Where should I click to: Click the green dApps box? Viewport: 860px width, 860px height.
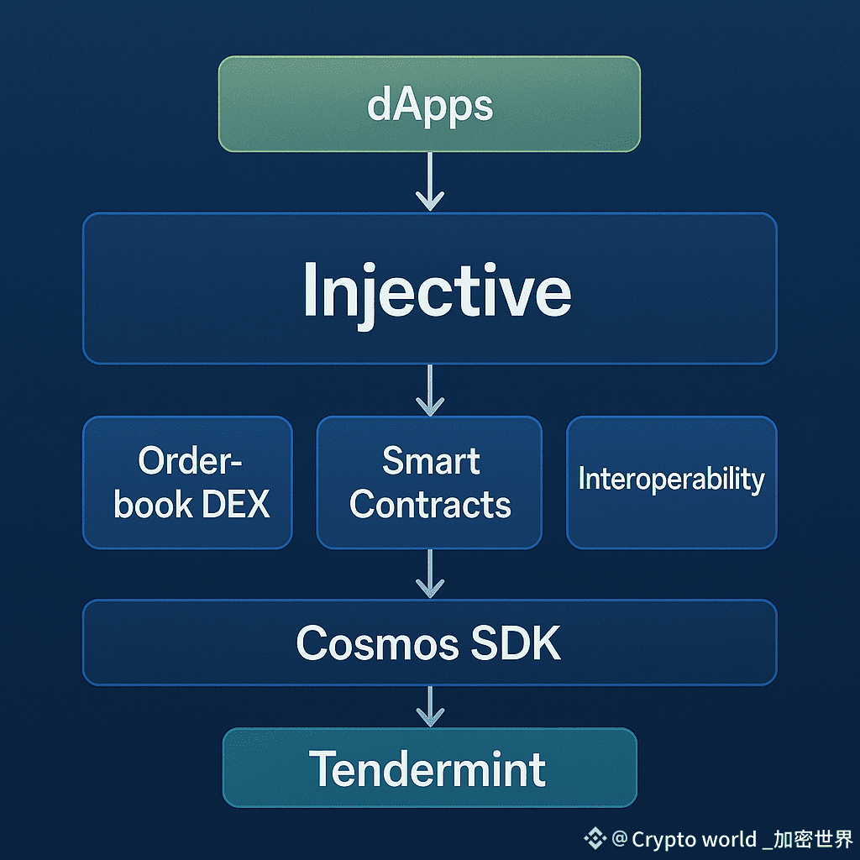[429, 104]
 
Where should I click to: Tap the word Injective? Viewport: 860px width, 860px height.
[437, 290]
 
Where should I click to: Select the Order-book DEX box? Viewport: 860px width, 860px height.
[187, 482]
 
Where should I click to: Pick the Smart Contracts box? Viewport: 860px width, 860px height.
[429, 482]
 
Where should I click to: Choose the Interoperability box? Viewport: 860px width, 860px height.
[671, 482]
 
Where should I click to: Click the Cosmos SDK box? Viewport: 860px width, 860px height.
[429, 642]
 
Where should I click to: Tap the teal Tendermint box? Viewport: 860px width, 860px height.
[429, 768]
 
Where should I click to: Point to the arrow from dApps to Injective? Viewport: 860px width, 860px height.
[430, 182]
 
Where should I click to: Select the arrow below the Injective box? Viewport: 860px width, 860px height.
[430, 391]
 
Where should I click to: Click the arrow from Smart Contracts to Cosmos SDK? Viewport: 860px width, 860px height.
[430, 574]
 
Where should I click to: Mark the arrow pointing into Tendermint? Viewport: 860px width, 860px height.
[430, 706]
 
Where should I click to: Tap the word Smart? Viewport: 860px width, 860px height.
[431, 460]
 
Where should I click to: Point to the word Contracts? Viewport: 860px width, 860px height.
[430, 504]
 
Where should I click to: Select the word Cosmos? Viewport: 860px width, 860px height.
[364, 644]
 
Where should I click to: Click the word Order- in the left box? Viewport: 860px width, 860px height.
[190, 460]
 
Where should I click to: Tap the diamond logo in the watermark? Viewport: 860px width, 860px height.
[595, 838]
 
